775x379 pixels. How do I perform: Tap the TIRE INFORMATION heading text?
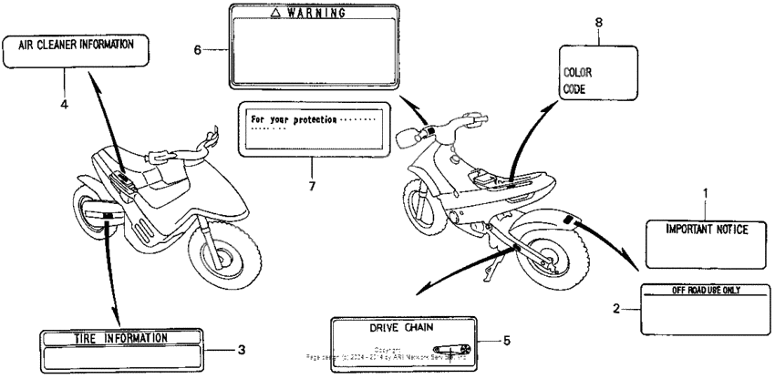click(120, 338)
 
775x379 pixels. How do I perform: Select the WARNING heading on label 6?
click(314, 14)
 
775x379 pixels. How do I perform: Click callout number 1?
click(705, 193)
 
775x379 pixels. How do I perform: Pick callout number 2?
click(619, 309)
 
